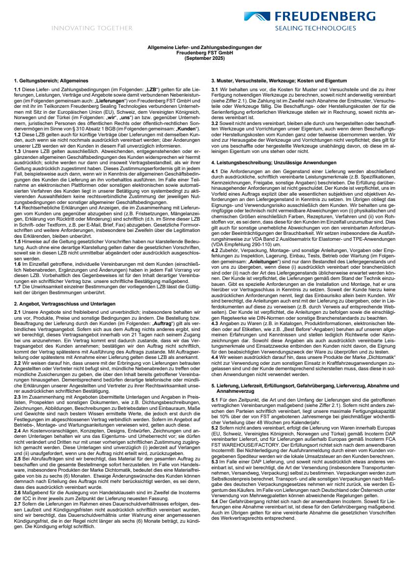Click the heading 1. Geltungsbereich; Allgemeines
point(51,80)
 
